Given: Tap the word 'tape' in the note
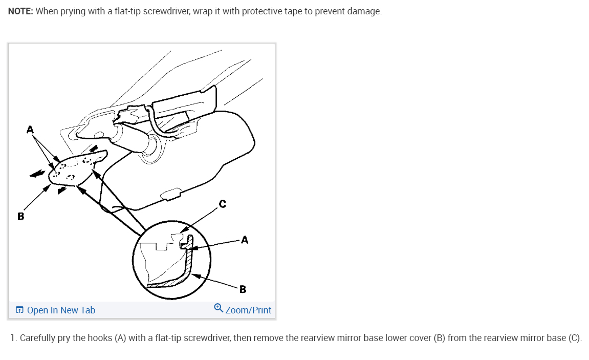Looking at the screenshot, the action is tap(294, 11).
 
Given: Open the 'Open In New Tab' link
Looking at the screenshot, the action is tap(61, 310).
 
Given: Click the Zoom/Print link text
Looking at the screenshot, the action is tap(248, 310).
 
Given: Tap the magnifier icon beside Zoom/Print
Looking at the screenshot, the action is tap(219, 308).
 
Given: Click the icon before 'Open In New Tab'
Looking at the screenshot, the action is tap(19, 310).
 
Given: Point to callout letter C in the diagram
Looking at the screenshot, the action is tap(222, 204).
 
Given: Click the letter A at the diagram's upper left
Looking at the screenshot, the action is tap(30, 130).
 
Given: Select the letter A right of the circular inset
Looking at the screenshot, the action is tap(245, 240).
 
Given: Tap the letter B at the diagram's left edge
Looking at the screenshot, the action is tap(20, 216).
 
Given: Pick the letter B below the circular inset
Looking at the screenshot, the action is tap(243, 289).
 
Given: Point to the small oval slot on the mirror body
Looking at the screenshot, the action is tap(170, 194).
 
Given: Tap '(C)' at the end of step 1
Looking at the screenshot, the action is tap(575, 338).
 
